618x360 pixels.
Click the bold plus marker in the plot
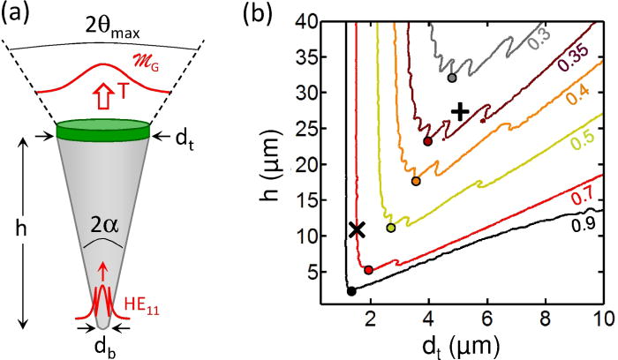(x=459, y=111)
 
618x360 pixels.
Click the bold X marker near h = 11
(x=357, y=229)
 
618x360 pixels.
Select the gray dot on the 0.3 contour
(x=452, y=78)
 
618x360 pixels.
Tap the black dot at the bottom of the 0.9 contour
(x=350, y=290)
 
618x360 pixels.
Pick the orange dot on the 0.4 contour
(x=416, y=181)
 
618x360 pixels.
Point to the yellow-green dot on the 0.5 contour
(x=391, y=228)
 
